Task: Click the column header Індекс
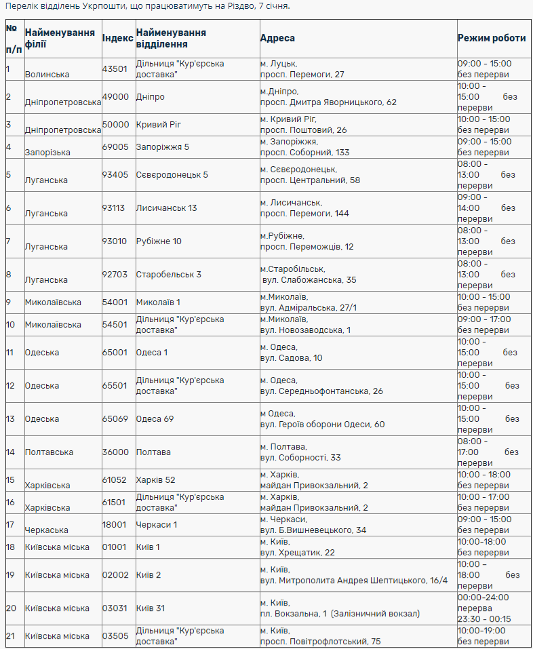click(x=117, y=39)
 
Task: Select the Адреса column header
click(x=277, y=39)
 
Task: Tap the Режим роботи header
click(x=492, y=39)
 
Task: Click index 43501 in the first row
click(x=115, y=69)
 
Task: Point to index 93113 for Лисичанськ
click(x=113, y=208)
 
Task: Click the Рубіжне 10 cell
click(x=159, y=241)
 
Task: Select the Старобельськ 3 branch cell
click(x=169, y=275)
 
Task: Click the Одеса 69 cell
click(x=155, y=419)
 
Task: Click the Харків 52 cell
click(x=155, y=480)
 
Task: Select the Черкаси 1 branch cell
click(x=157, y=525)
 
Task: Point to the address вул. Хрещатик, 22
click(x=298, y=553)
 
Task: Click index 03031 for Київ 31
click(x=115, y=608)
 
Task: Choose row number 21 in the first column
click(x=10, y=636)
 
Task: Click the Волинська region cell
click(x=47, y=74)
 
